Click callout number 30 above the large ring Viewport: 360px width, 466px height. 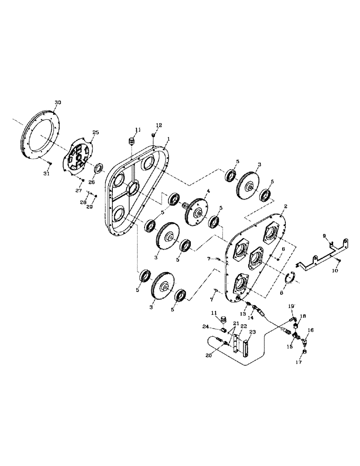[58, 102]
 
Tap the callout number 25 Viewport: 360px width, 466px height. [96, 133]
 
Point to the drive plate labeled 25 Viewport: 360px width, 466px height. [79, 159]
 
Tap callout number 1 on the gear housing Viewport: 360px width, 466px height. [168, 138]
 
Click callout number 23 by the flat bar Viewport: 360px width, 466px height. [254, 333]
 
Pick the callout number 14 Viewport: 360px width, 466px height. [250, 317]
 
